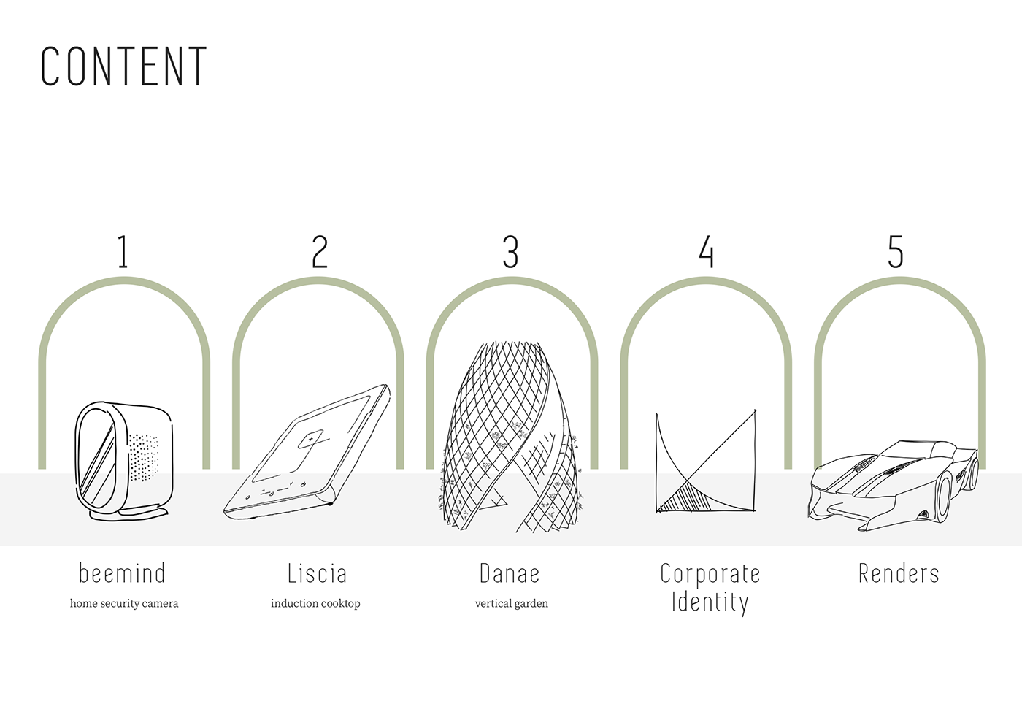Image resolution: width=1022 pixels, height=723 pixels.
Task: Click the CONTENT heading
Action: pos(123,66)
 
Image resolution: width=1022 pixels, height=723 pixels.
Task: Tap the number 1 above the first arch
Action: pos(123,252)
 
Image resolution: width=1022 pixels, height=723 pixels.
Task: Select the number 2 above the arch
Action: pos(320,252)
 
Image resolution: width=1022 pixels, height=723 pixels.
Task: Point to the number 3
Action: pos(511,252)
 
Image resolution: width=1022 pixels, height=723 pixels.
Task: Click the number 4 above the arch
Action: pos(706,252)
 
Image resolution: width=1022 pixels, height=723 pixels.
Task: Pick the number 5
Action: pos(896,252)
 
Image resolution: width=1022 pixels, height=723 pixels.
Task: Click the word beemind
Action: pos(123,573)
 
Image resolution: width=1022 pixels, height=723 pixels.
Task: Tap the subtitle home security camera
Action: pos(124,603)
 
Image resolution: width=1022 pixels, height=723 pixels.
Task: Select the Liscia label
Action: pos(317,573)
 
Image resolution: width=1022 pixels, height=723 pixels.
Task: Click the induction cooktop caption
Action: pos(315,603)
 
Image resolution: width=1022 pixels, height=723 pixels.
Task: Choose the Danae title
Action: pos(510,573)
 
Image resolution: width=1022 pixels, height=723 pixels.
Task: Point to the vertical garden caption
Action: pos(511,603)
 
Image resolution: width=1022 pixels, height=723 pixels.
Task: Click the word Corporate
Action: pos(710,574)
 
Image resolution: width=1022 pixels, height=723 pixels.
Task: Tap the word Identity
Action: pos(710,603)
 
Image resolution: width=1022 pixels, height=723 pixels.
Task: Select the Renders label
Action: pos(899,573)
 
